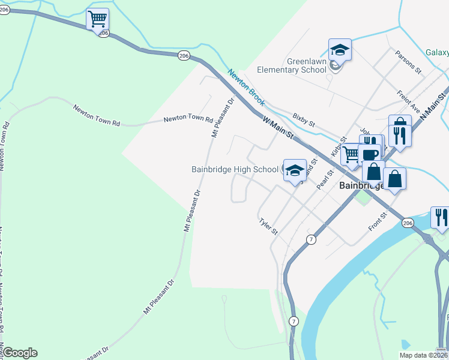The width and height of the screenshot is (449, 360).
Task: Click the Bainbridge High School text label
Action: click(x=235, y=170)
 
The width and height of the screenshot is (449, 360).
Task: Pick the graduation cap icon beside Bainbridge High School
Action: click(x=295, y=170)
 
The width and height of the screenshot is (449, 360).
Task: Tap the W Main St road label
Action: click(x=277, y=127)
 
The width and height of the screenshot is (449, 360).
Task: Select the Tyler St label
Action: click(x=268, y=227)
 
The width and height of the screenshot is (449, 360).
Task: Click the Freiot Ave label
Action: click(x=409, y=100)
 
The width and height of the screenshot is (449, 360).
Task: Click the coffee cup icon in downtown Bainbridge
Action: click(x=370, y=155)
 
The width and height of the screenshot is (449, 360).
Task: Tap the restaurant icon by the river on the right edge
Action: click(x=440, y=218)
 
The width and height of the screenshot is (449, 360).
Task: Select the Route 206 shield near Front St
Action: click(x=408, y=223)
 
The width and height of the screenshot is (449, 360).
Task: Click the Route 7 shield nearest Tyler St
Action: click(x=310, y=239)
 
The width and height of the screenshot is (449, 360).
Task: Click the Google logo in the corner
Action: click(x=20, y=353)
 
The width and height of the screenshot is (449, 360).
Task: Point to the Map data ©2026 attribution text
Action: click(x=423, y=355)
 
